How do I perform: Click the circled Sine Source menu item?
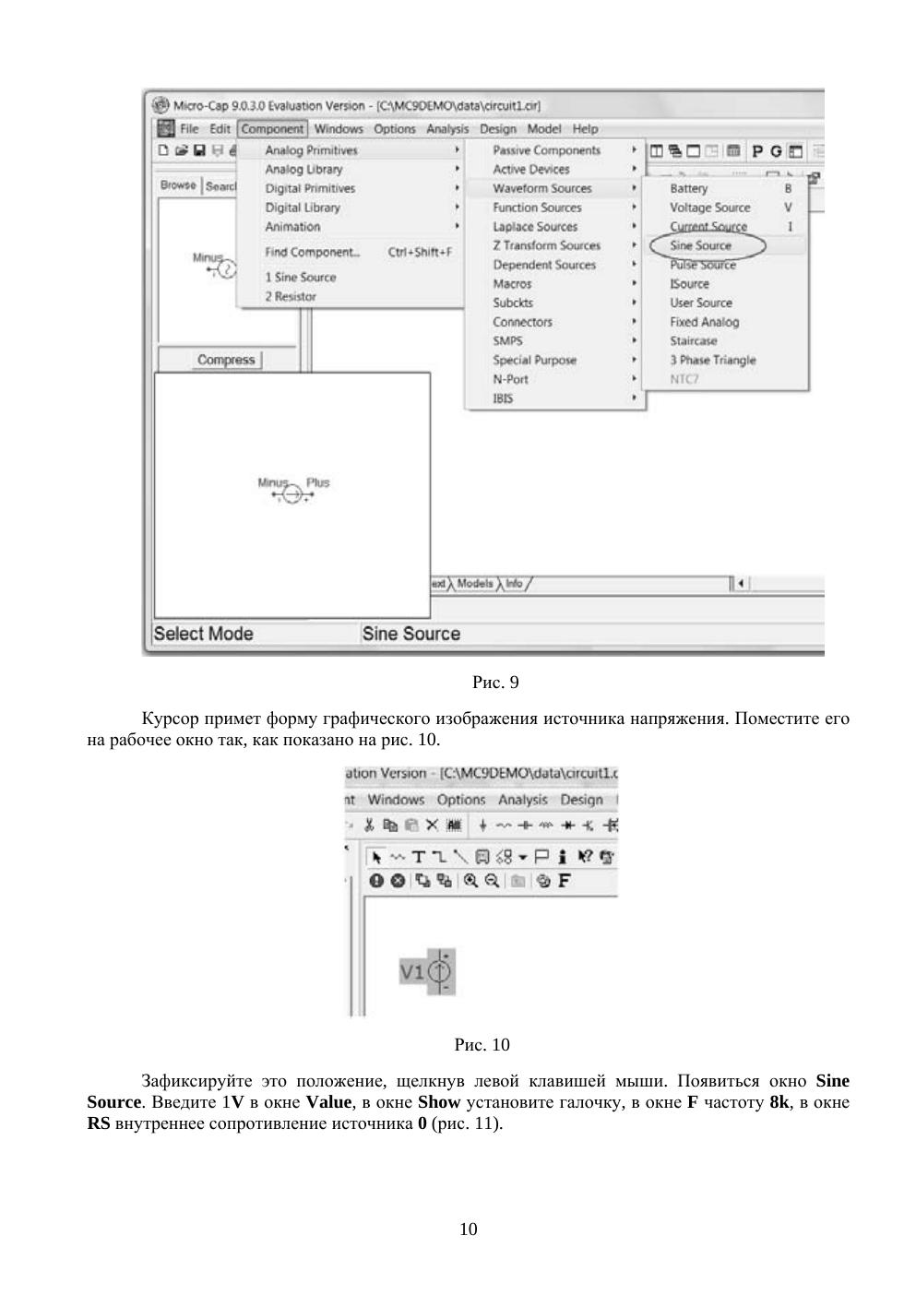tap(700, 245)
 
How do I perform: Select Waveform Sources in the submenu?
tap(541, 188)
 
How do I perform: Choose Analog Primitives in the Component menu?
tap(311, 150)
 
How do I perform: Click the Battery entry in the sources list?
tap(688, 188)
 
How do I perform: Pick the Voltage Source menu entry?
tap(709, 208)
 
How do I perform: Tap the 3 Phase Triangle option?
tap(712, 360)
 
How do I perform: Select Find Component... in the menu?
tap(313, 252)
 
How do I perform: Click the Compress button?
tap(226, 360)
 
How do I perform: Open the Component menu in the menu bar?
tap(272, 129)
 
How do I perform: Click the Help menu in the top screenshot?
tap(585, 129)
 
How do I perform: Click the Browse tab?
tap(178, 185)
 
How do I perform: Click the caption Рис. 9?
tap(495, 683)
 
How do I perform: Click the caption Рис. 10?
tap(482, 1045)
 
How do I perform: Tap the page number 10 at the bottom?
tap(469, 1229)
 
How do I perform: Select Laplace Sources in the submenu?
tap(535, 226)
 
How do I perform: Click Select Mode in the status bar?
tap(203, 634)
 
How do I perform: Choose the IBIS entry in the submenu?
tap(503, 398)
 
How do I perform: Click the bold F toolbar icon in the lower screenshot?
tap(564, 880)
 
